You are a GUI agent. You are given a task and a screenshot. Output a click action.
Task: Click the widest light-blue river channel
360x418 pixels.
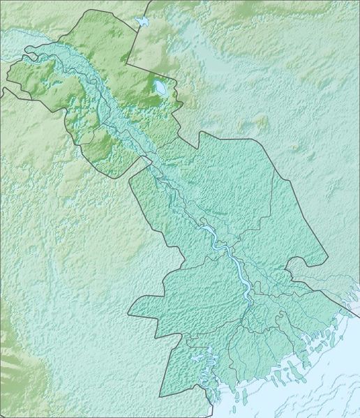[x=237, y=265]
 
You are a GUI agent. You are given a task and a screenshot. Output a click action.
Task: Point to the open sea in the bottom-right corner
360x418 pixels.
[x=328, y=391]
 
